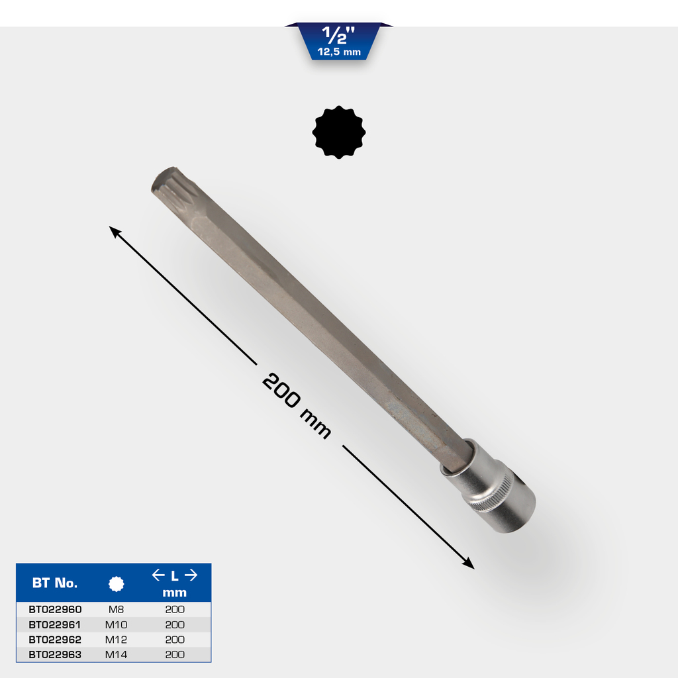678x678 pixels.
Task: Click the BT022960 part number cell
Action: click(55, 609)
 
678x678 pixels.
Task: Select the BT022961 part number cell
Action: click(54, 624)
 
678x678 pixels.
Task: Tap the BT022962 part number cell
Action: click(55, 640)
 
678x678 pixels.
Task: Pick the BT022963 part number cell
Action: click(55, 655)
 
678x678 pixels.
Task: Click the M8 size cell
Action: click(116, 609)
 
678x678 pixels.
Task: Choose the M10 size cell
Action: click(116, 624)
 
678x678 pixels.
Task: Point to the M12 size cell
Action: click(116, 640)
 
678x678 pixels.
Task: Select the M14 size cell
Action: click(116, 655)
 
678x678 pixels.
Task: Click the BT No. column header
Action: click(55, 583)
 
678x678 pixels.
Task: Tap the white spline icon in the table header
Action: click(117, 584)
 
